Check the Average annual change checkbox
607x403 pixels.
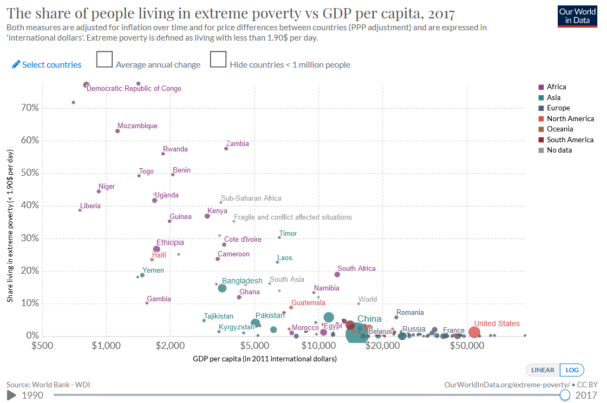[104, 60]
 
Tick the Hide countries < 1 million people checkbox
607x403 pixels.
[218, 60]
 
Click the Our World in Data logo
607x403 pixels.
[577, 17]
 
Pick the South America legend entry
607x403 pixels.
[570, 140]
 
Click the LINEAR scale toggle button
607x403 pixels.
[543, 370]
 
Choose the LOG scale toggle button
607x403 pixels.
[572, 370]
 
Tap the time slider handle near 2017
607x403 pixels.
[565, 395]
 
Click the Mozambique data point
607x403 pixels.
[118, 131]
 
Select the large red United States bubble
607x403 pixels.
[474, 332]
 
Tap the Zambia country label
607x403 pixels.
[238, 144]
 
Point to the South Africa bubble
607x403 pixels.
[337, 274]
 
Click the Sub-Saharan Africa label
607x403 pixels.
[251, 199]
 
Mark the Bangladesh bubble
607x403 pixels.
[222, 288]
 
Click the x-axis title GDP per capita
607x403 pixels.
[265, 359]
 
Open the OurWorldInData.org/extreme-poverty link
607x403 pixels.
[506, 384]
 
